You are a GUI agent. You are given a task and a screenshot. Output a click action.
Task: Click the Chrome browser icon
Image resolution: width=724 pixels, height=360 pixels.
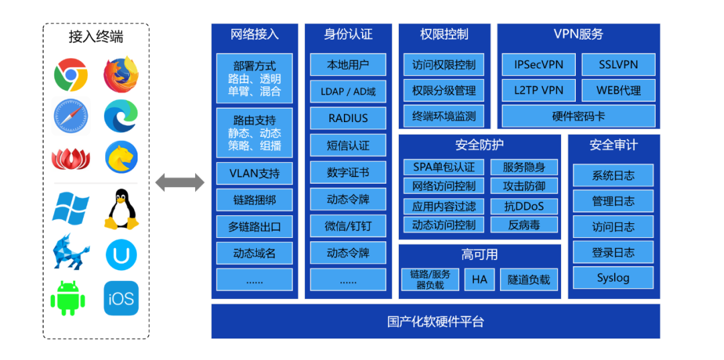tap(71, 74)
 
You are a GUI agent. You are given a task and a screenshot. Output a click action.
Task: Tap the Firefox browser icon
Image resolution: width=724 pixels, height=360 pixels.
tap(121, 74)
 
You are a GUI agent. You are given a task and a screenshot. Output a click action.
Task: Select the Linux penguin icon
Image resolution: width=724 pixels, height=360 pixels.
tap(121, 209)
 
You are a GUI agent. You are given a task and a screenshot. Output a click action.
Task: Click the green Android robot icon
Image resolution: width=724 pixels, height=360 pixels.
tap(70, 298)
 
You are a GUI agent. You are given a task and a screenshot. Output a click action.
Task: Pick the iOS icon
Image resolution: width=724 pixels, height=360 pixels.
tap(121, 298)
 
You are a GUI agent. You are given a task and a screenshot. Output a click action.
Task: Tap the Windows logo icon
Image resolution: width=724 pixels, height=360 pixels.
tap(70, 208)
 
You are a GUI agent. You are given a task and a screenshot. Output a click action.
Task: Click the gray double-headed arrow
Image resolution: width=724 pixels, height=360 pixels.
tap(180, 182)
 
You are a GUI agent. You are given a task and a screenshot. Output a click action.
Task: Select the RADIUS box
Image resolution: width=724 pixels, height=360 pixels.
tap(348, 118)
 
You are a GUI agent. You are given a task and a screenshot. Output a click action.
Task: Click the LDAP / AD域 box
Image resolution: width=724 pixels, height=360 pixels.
tap(348, 91)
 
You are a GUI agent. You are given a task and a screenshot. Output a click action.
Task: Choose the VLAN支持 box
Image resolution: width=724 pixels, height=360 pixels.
tap(254, 173)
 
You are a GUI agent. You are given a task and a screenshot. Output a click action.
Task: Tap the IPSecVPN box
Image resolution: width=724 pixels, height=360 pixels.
tap(534, 65)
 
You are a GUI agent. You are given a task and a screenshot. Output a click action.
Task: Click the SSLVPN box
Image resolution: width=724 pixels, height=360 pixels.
tap(618, 65)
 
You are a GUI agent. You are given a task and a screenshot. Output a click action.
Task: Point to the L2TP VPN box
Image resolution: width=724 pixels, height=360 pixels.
tap(534, 91)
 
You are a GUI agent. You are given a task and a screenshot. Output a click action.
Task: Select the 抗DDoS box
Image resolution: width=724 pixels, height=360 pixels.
tap(524, 206)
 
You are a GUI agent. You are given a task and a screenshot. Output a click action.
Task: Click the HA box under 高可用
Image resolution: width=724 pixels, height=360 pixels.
tap(479, 279)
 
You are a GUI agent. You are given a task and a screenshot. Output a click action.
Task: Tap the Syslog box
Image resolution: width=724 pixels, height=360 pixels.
tap(613, 278)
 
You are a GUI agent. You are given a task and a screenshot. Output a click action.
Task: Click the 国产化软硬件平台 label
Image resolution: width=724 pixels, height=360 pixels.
tap(435, 321)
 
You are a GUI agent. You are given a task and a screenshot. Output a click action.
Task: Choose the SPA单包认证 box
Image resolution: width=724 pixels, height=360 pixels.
tap(443, 167)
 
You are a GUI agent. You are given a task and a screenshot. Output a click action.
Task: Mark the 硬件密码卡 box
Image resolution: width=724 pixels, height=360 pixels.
tap(578, 116)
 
